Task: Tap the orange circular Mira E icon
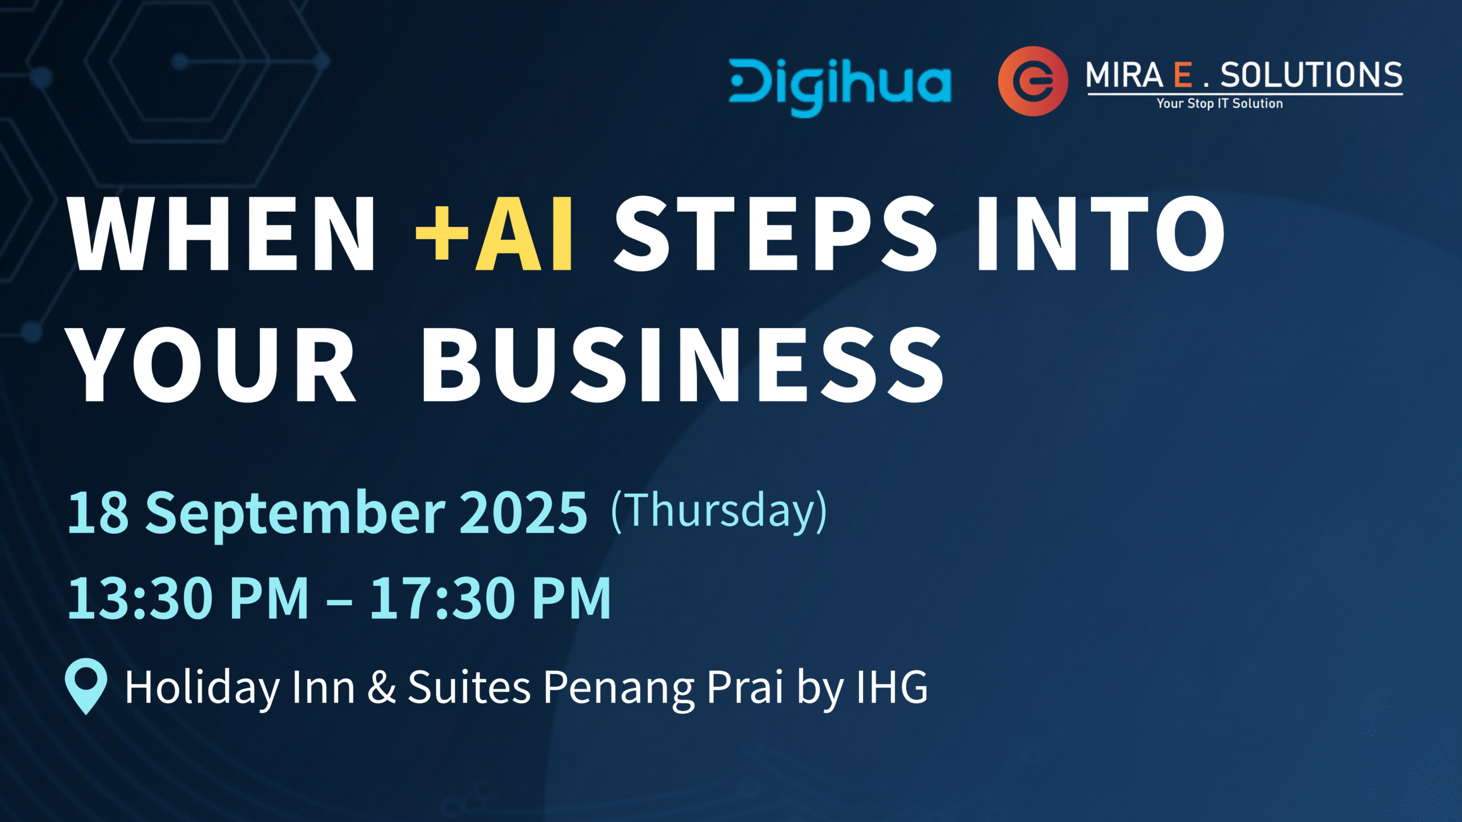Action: click(1033, 81)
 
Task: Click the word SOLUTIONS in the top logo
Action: click(1311, 75)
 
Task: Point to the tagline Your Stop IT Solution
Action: click(1220, 103)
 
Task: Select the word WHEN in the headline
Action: click(221, 233)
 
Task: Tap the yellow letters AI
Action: click(524, 233)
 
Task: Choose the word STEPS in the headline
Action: click(776, 233)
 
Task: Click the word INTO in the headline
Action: click(1101, 233)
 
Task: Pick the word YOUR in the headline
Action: click(211, 365)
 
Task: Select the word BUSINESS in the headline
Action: click(682, 365)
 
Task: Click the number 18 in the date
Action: click(98, 513)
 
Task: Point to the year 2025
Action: click(523, 513)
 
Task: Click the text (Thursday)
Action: click(719, 511)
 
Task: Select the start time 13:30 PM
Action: click(188, 598)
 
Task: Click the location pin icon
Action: click(86, 686)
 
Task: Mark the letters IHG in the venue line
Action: click(892, 687)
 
